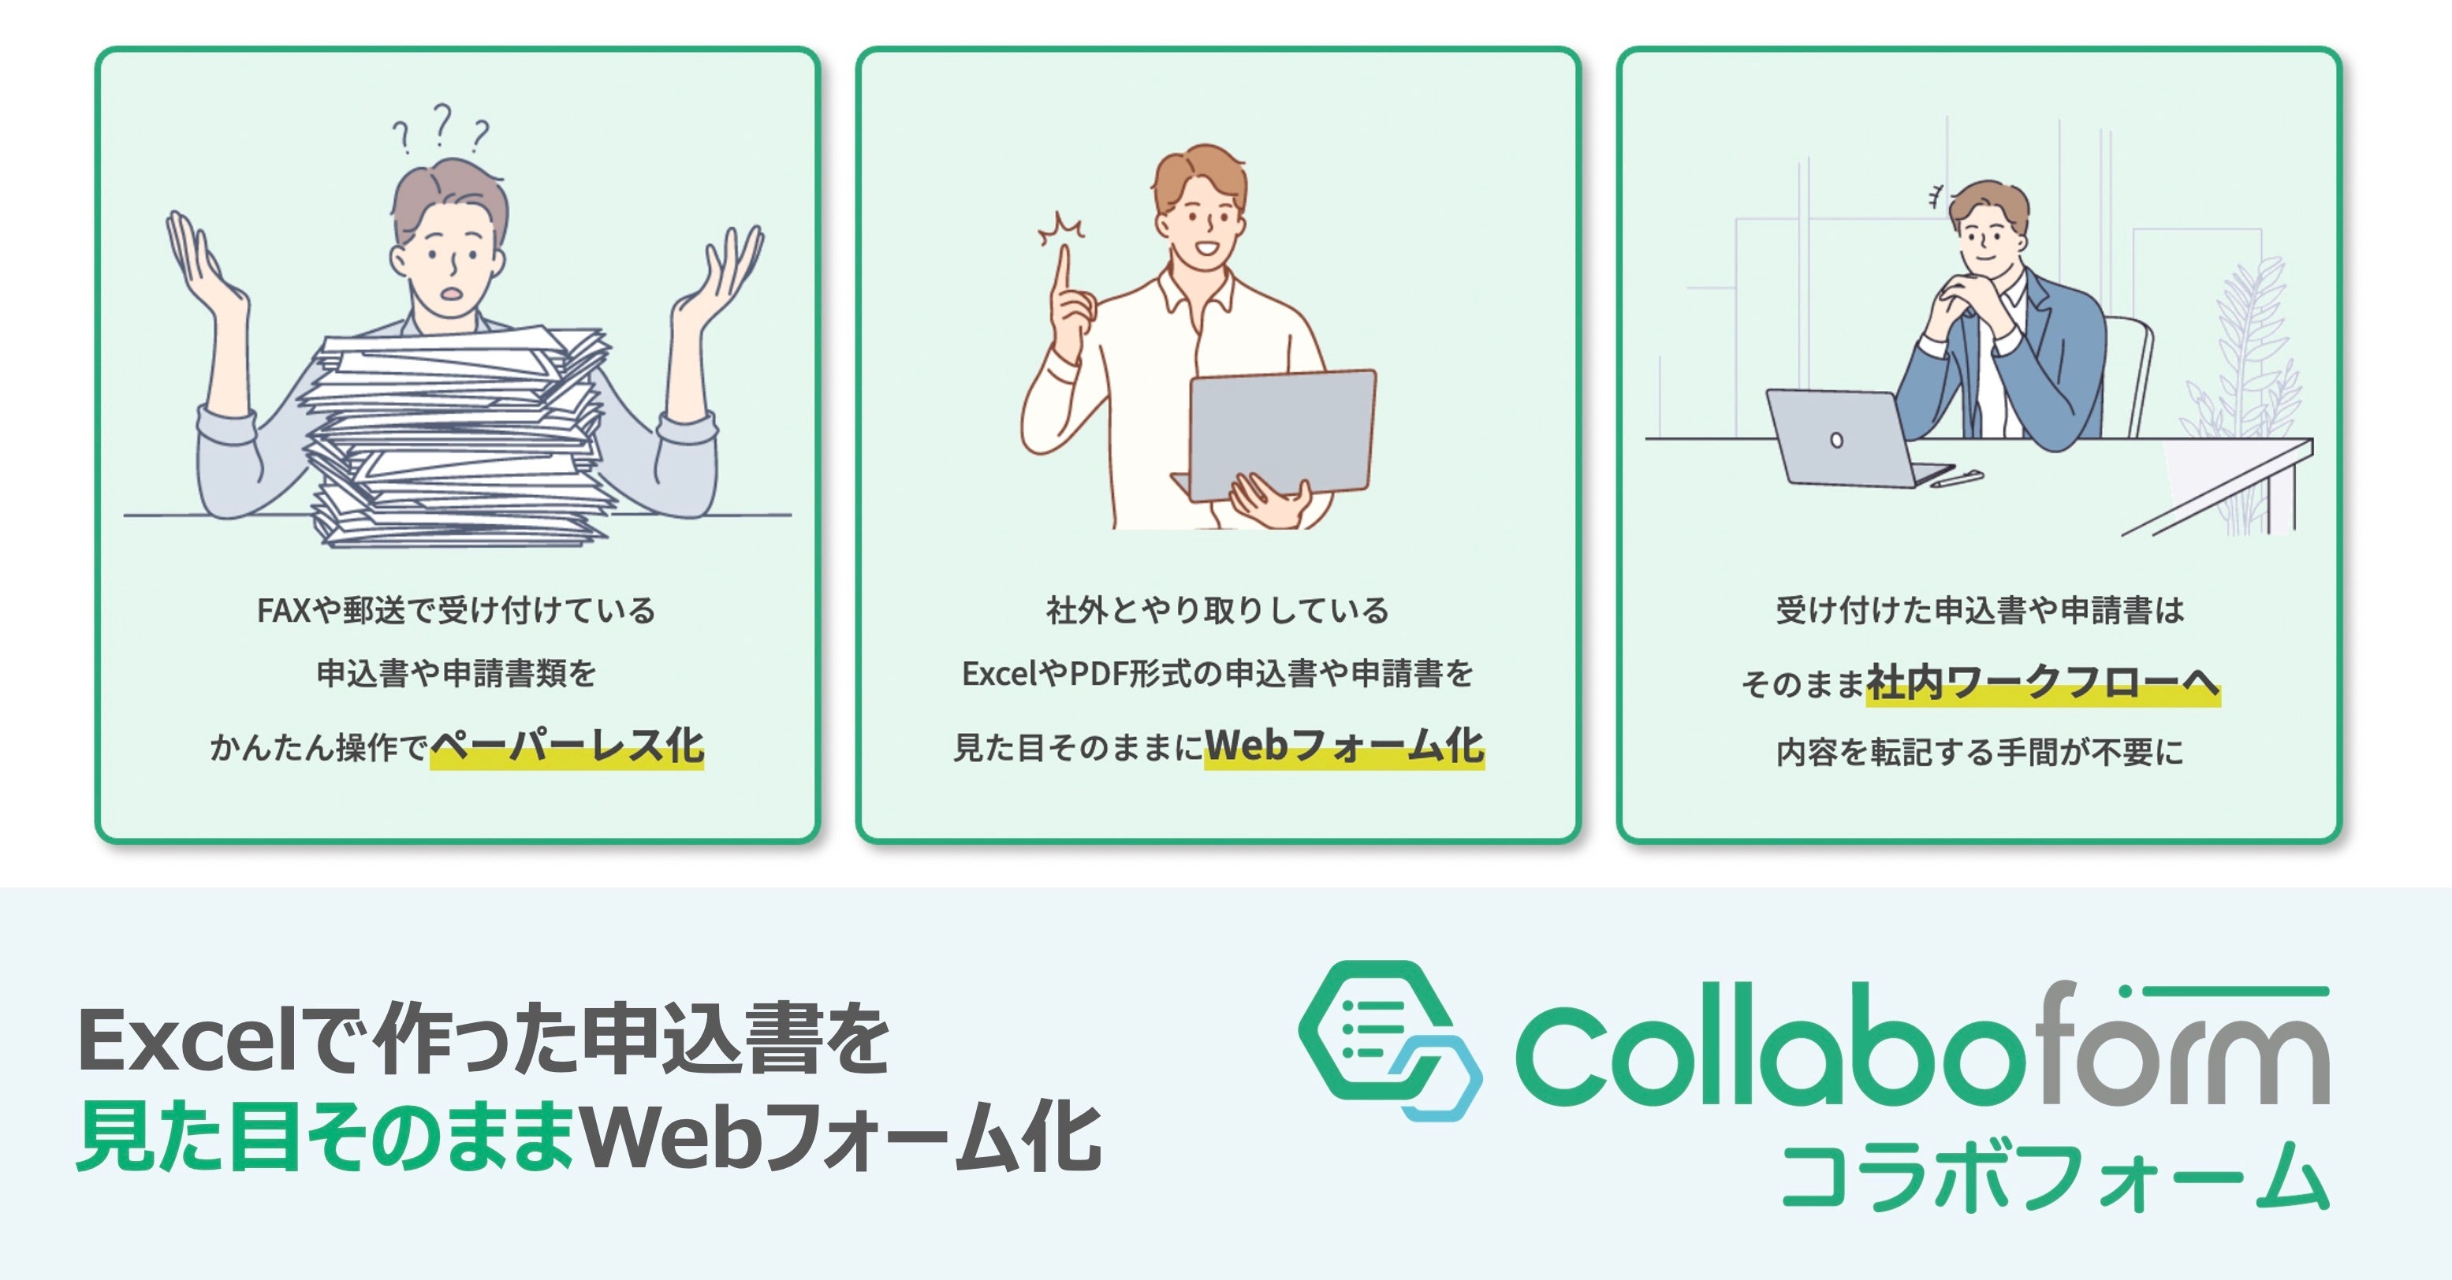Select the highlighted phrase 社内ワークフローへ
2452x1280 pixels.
(x=2043, y=683)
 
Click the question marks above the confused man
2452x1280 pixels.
(x=441, y=129)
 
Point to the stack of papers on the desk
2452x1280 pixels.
(x=457, y=437)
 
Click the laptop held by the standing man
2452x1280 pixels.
(x=1280, y=433)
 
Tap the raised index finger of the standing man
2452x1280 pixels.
(x=1064, y=271)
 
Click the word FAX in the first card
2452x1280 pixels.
(x=284, y=611)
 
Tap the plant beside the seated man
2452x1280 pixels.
(x=2246, y=381)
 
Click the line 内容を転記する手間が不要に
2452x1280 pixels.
(x=1979, y=753)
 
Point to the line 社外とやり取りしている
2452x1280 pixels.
(x=1217, y=611)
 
